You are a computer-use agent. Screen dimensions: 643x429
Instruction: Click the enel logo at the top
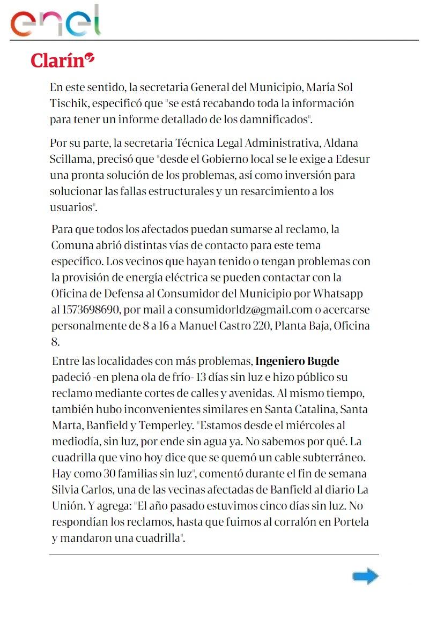(x=56, y=21)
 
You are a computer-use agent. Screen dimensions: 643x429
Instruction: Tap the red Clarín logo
(x=62, y=59)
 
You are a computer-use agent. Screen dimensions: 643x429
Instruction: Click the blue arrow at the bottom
(x=365, y=577)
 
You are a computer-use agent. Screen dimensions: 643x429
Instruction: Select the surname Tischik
(x=69, y=102)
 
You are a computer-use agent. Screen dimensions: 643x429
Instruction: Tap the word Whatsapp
(x=338, y=294)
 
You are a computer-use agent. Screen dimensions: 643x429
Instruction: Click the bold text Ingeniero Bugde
(x=297, y=361)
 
